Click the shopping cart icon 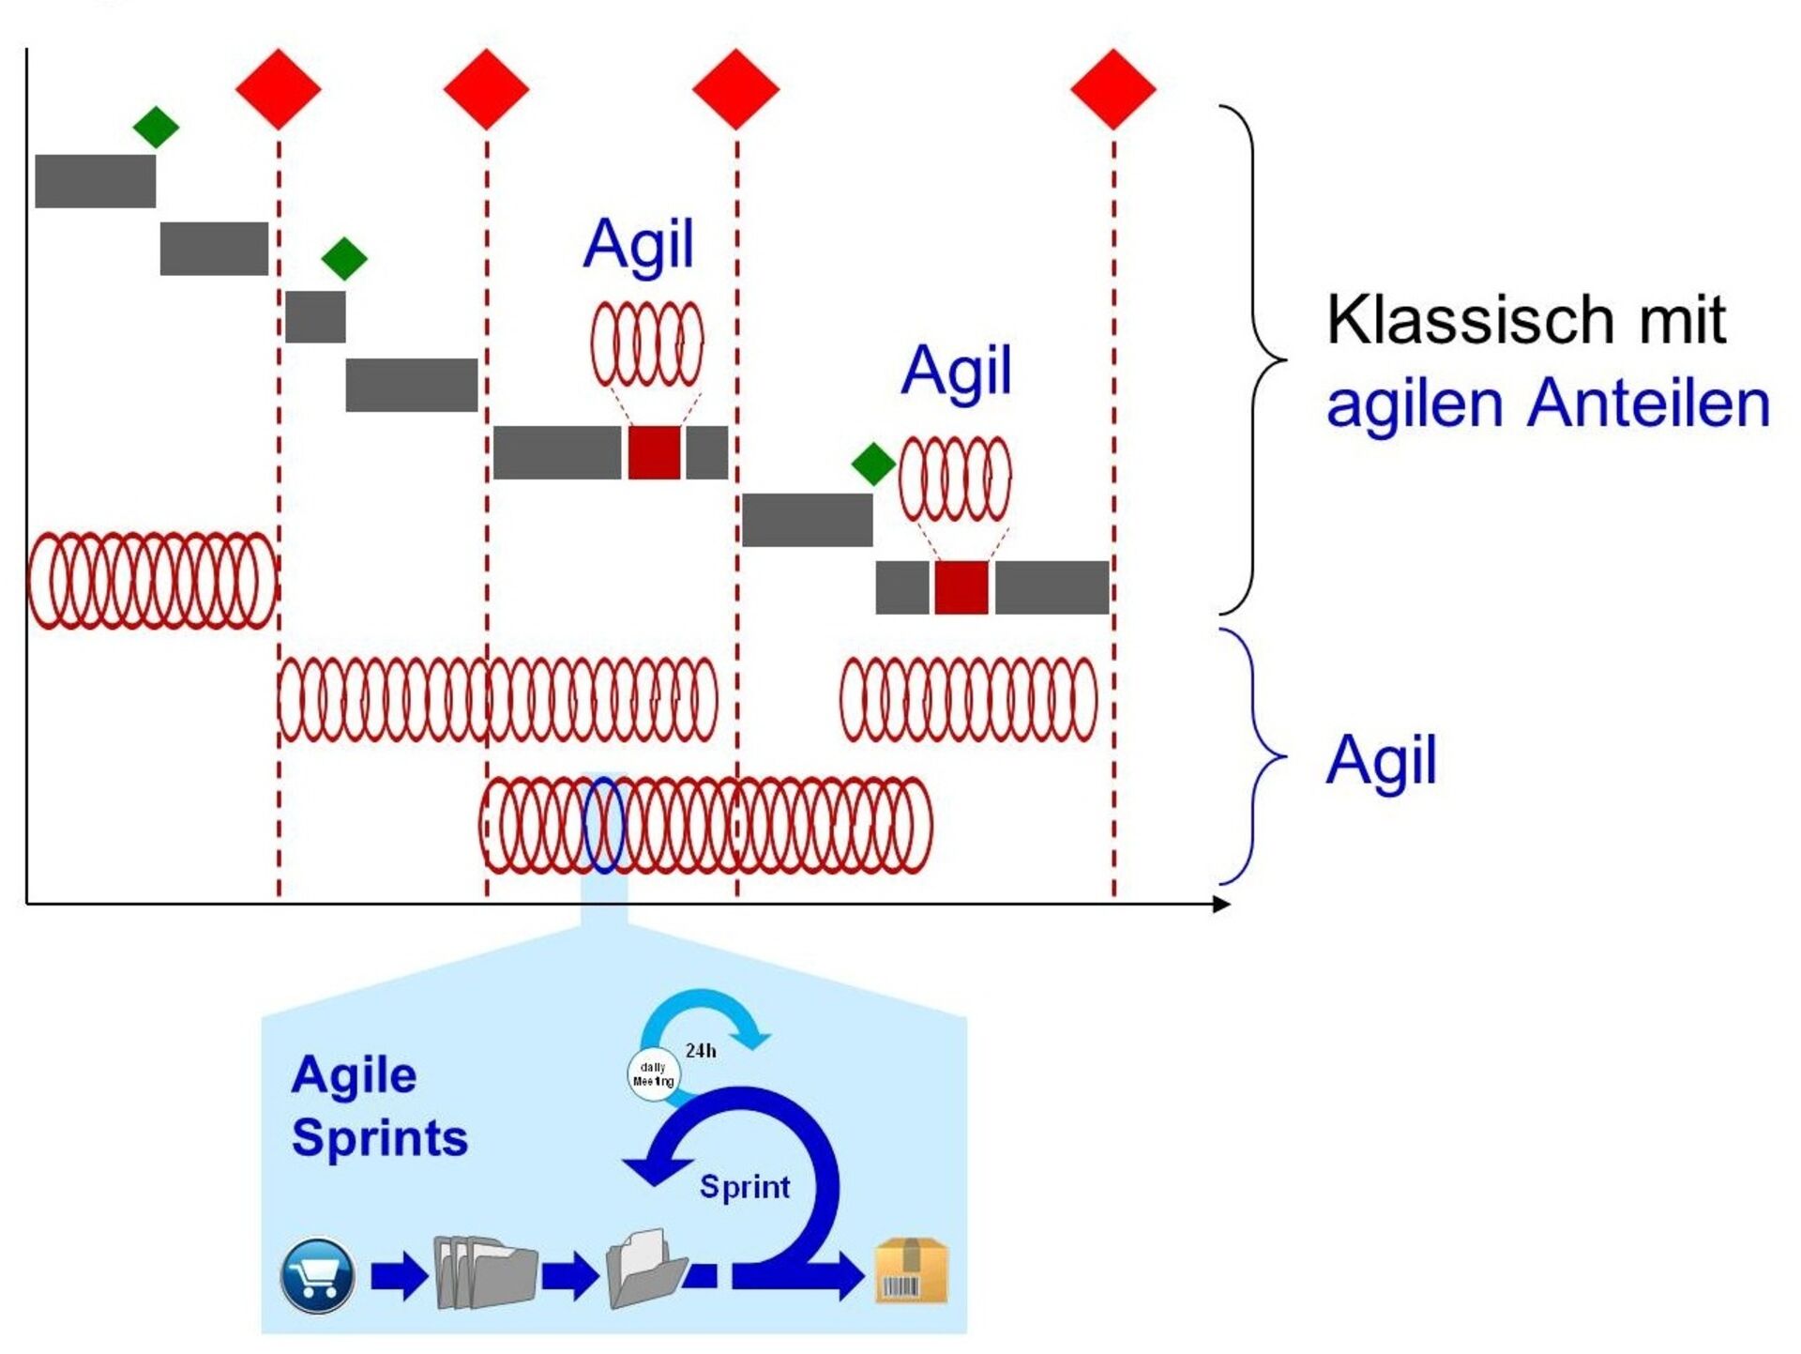coord(318,1275)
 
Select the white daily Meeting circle coord(653,1074)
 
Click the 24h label coord(701,1051)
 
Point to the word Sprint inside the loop coord(745,1187)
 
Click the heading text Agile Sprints coord(380,1107)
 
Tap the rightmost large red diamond coord(1113,89)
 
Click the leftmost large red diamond coord(279,89)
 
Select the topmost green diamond coord(156,127)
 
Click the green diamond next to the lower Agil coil coord(873,464)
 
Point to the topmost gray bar coord(96,181)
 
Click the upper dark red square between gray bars coord(654,452)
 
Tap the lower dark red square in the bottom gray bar coord(961,587)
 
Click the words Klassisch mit coord(1526,320)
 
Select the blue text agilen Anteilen coord(1548,403)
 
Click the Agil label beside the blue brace coord(1381,760)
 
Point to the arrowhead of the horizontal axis coord(1221,904)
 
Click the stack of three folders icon coord(485,1273)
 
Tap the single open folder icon coord(646,1269)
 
